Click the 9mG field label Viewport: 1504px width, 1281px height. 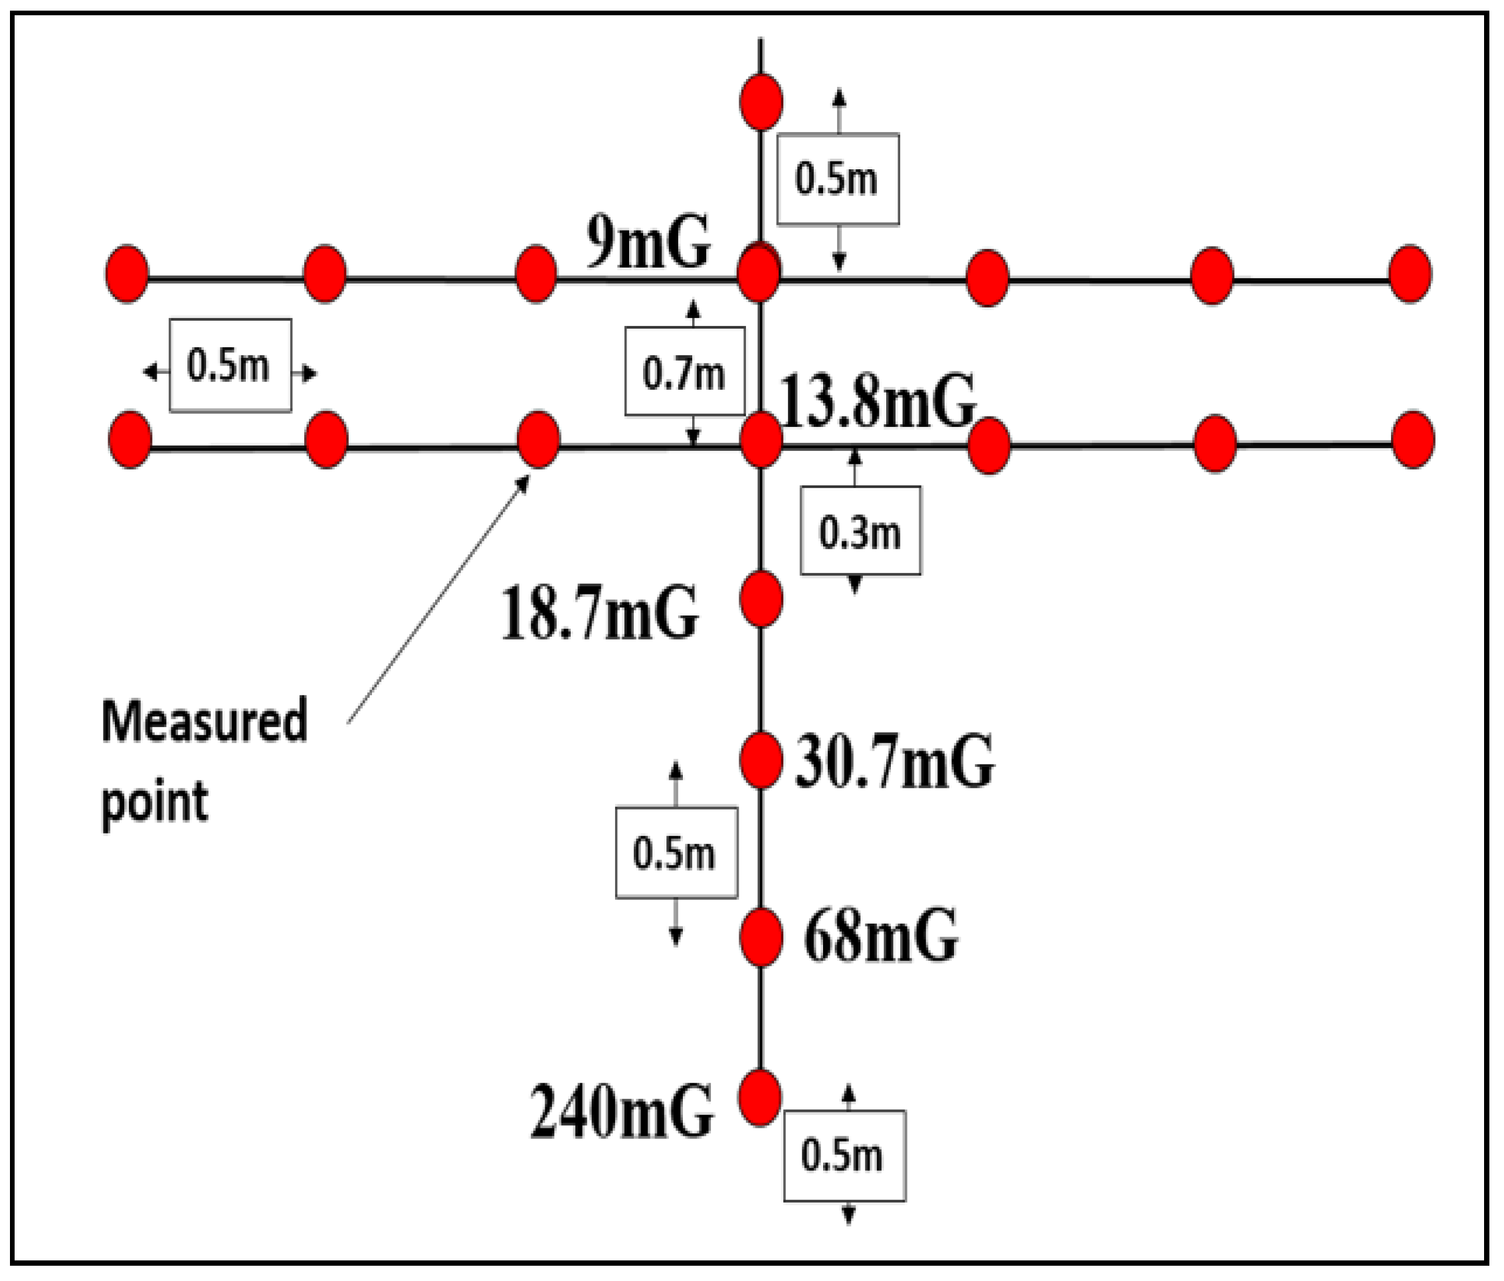[648, 242]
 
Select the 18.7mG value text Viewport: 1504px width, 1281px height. [600, 614]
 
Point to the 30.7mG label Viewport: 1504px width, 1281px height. [894, 761]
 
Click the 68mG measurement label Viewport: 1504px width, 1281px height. [880, 936]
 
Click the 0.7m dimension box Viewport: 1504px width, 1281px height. [684, 372]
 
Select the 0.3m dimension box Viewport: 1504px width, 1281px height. [860, 531]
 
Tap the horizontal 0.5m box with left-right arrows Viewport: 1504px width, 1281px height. [230, 365]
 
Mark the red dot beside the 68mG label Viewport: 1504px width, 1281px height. [761, 938]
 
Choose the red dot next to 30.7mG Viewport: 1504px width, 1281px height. [761, 760]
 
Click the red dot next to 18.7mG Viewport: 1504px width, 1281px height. [761, 599]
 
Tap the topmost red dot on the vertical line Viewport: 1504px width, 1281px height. [761, 102]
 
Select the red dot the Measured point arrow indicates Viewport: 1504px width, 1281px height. [538, 439]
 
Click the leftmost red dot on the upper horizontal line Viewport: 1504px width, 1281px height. [127, 274]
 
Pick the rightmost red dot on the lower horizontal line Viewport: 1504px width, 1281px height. [1412, 439]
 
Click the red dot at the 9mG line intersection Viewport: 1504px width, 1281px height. [759, 273]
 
